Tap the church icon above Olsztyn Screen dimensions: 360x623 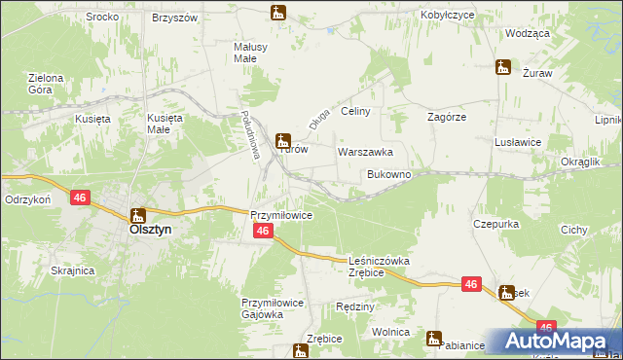138,215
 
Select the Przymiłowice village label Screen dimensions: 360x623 280,215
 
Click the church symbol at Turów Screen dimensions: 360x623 282,140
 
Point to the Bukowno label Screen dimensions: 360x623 388,175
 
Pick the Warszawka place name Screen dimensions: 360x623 365,153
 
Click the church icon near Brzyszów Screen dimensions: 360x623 278,13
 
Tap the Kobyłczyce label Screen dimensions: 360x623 447,17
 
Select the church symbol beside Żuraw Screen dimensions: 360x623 503,66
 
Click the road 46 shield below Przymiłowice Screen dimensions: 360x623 262,231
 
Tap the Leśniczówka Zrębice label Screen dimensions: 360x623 379,268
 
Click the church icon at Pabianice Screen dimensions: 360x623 433,338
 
